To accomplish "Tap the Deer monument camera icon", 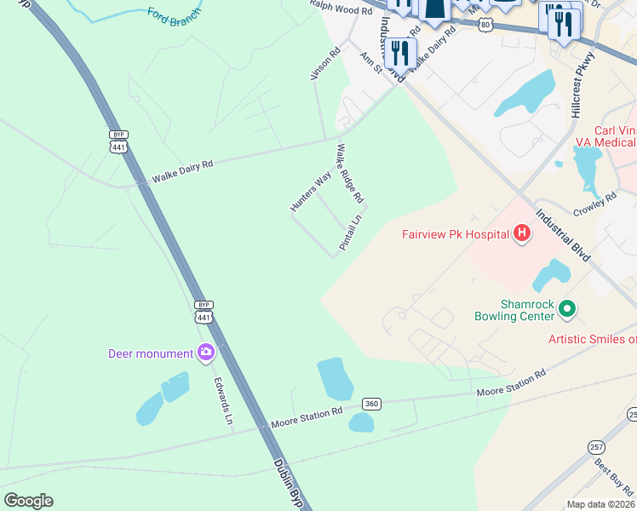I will [x=205, y=353].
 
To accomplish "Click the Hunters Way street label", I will [x=310, y=192].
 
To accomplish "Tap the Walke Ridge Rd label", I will [x=350, y=173].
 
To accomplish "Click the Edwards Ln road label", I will [x=223, y=401].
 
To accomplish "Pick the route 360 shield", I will [x=370, y=403].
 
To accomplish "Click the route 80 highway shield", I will [x=484, y=26].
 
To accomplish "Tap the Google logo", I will [x=27, y=501].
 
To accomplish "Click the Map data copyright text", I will [x=600, y=504].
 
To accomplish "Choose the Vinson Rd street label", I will [x=324, y=64].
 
